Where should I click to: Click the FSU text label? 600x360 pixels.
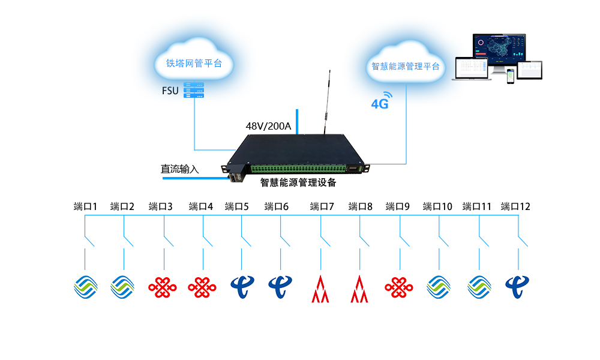click(x=170, y=91)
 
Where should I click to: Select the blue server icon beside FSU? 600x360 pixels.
click(x=194, y=90)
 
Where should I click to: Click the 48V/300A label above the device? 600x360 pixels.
click(x=268, y=127)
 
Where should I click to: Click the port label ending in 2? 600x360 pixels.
click(x=122, y=207)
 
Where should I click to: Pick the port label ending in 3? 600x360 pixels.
click(x=161, y=207)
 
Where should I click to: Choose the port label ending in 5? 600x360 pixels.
click(x=237, y=207)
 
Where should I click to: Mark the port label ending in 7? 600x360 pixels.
click(x=322, y=207)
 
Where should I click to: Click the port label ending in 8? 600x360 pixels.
click(x=361, y=207)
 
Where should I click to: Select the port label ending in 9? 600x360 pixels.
click(x=398, y=207)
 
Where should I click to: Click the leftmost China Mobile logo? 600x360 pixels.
click(x=86, y=287)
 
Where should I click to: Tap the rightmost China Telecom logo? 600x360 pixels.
click(x=517, y=287)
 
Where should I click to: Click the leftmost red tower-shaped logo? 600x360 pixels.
click(x=320, y=289)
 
